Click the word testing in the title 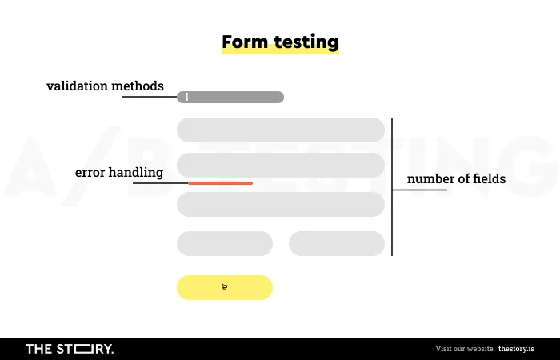306,43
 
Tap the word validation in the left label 77,86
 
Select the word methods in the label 138,86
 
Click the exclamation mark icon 186,97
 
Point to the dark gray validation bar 230,97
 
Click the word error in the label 90,173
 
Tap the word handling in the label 136,173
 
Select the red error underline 220,183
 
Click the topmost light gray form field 281,130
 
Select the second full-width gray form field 281,166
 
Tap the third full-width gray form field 281,204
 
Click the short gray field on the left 225,243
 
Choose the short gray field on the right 337,243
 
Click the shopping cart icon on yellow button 225,287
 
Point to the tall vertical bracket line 392,186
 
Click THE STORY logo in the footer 70,349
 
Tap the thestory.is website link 517,349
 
